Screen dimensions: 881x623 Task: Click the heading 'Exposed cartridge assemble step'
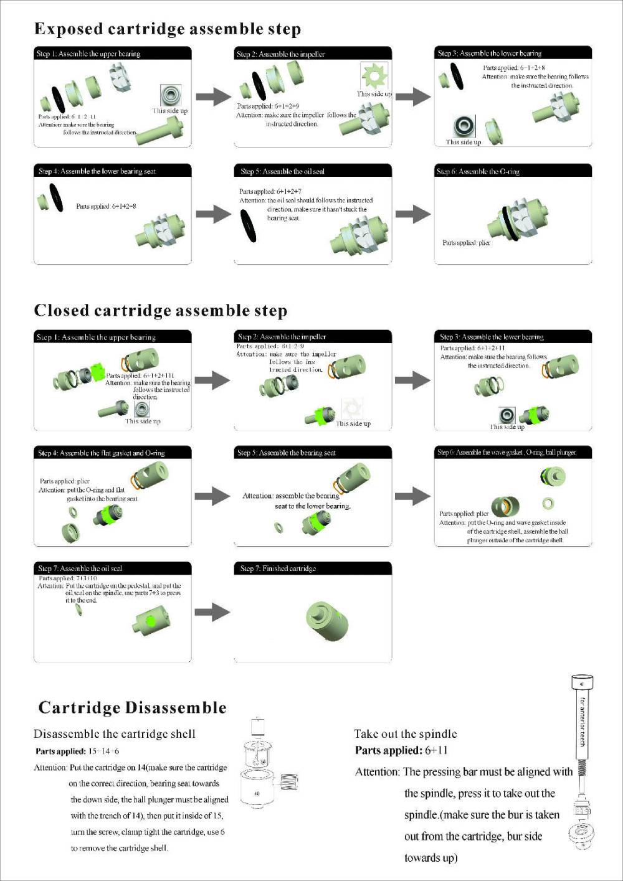pyautogui.click(x=168, y=29)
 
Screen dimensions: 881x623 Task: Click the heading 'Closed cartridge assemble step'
pyautogui.click(x=161, y=311)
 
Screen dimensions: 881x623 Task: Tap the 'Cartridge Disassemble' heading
pyautogui.click(x=132, y=708)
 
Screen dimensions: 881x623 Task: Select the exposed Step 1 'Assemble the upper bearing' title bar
pyautogui.click(x=112, y=54)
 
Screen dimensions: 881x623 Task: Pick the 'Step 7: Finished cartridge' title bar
pyautogui.click(x=313, y=568)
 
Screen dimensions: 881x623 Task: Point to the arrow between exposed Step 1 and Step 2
pyautogui.click(x=213, y=97)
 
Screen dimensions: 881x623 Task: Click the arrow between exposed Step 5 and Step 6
pyautogui.click(x=412, y=214)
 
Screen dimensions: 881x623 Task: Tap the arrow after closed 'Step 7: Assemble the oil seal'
pyautogui.click(x=212, y=612)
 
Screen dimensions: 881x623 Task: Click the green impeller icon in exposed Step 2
pyautogui.click(x=374, y=76)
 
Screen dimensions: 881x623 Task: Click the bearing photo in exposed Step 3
pyautogui.click(x=464, y=126)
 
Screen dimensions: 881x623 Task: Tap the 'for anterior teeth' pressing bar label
pyautogui.click(x=583, y=722)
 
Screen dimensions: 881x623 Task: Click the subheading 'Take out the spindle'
pyautogui.click(x=406, y=734)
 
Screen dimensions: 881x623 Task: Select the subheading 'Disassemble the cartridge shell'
pyautogui.click(x=115, y=734)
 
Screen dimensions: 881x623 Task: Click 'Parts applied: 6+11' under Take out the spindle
pyautogui.click(x=401, y=750)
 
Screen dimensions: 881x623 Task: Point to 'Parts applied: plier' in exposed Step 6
pyautogui.click(x=466, y=243)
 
